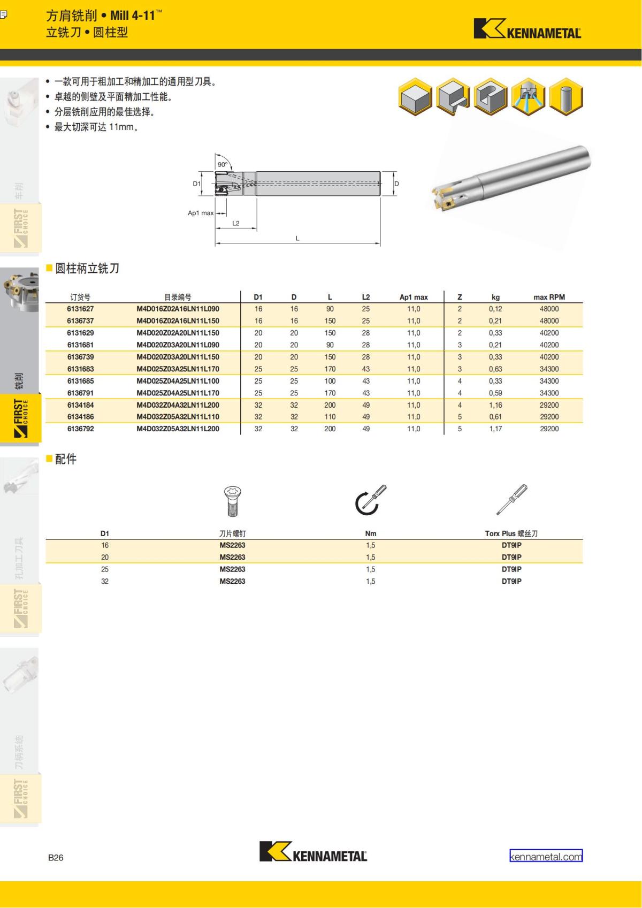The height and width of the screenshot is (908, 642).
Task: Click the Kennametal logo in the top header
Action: point(527,29)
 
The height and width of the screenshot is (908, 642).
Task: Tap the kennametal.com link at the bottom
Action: point(546,856)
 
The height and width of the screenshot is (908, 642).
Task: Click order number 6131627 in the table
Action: point(80,309)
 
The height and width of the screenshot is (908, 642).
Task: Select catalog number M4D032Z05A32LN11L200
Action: point(178,429)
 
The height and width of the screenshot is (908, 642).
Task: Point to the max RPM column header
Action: point(549,297)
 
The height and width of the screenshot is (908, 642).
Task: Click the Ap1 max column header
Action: point(414,297)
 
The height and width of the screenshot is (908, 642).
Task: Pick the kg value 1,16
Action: point(495,405)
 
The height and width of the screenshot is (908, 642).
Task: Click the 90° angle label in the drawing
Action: point(223,165)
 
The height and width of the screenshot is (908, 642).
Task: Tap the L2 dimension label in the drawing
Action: point(236,223)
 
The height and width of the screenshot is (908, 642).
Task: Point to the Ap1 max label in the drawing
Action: point(201,213)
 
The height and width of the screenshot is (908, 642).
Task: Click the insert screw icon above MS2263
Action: point(232,501)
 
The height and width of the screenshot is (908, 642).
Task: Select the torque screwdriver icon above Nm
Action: point(370,500)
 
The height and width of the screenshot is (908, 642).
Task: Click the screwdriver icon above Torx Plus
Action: point(511,500)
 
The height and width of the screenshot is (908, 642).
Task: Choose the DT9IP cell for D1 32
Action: point(511,581)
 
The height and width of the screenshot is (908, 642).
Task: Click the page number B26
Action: point(56,857)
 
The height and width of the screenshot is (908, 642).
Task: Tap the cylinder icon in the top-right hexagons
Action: point(566,97)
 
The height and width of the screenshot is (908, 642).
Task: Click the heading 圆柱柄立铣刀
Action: point(87,269)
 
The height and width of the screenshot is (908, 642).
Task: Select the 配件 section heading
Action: point(66,459)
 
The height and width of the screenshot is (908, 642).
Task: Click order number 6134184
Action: point(80,405)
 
